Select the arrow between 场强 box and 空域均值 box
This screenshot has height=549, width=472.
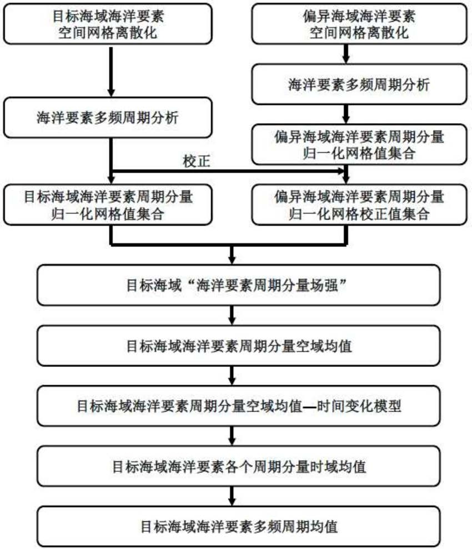coord(232,318)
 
